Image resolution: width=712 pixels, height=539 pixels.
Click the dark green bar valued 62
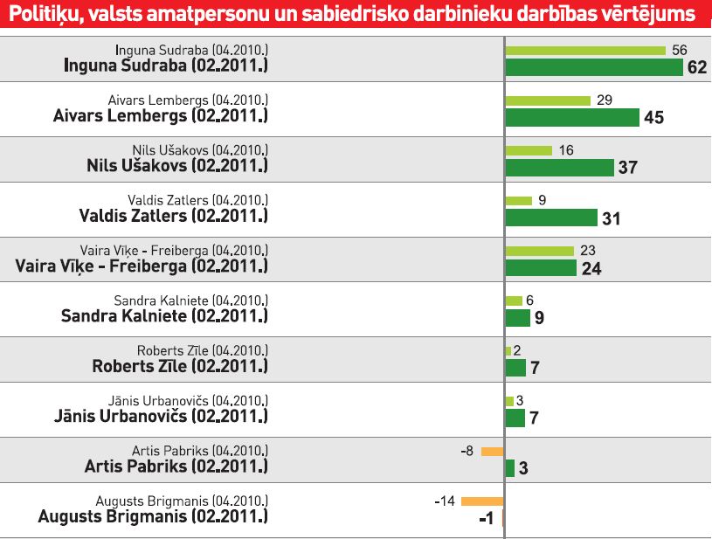(593, 67)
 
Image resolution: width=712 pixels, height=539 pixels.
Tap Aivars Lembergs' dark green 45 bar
(572, 117)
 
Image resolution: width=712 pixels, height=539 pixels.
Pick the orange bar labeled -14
(482, 501)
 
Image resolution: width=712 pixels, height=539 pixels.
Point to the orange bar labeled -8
(493, 452)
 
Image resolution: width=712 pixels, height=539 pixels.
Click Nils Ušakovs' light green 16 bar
(529, 150)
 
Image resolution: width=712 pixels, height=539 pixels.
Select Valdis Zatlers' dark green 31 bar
(551, 218)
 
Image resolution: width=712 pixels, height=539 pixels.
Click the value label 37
(627, 168)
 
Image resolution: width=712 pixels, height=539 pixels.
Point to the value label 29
(604, 100)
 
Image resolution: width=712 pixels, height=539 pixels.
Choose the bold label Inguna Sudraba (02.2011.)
(167, 66)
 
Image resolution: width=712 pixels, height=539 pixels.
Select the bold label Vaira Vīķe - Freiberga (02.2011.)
(142, 266)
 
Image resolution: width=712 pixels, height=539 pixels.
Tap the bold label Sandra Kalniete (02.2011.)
(164, 315)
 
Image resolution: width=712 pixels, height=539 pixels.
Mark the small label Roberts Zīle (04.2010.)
(202, 350)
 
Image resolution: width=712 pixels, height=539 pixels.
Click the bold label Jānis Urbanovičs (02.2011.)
(162, 416)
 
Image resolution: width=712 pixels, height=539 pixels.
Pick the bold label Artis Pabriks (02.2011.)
(176, 466)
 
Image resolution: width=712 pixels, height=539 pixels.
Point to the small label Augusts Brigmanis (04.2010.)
(182, 501)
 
